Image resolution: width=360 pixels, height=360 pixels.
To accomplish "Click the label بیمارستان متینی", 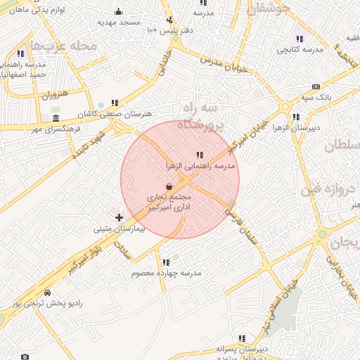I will tap(120, 229).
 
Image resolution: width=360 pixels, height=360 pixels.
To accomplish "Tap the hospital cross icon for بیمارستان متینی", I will tap(119, 218).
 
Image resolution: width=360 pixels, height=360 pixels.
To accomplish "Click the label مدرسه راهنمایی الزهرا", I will tap(199, 166).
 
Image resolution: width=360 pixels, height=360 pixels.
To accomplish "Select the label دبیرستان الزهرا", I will tap(297, 127).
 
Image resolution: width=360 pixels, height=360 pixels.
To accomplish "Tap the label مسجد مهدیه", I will tap(119, 22).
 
